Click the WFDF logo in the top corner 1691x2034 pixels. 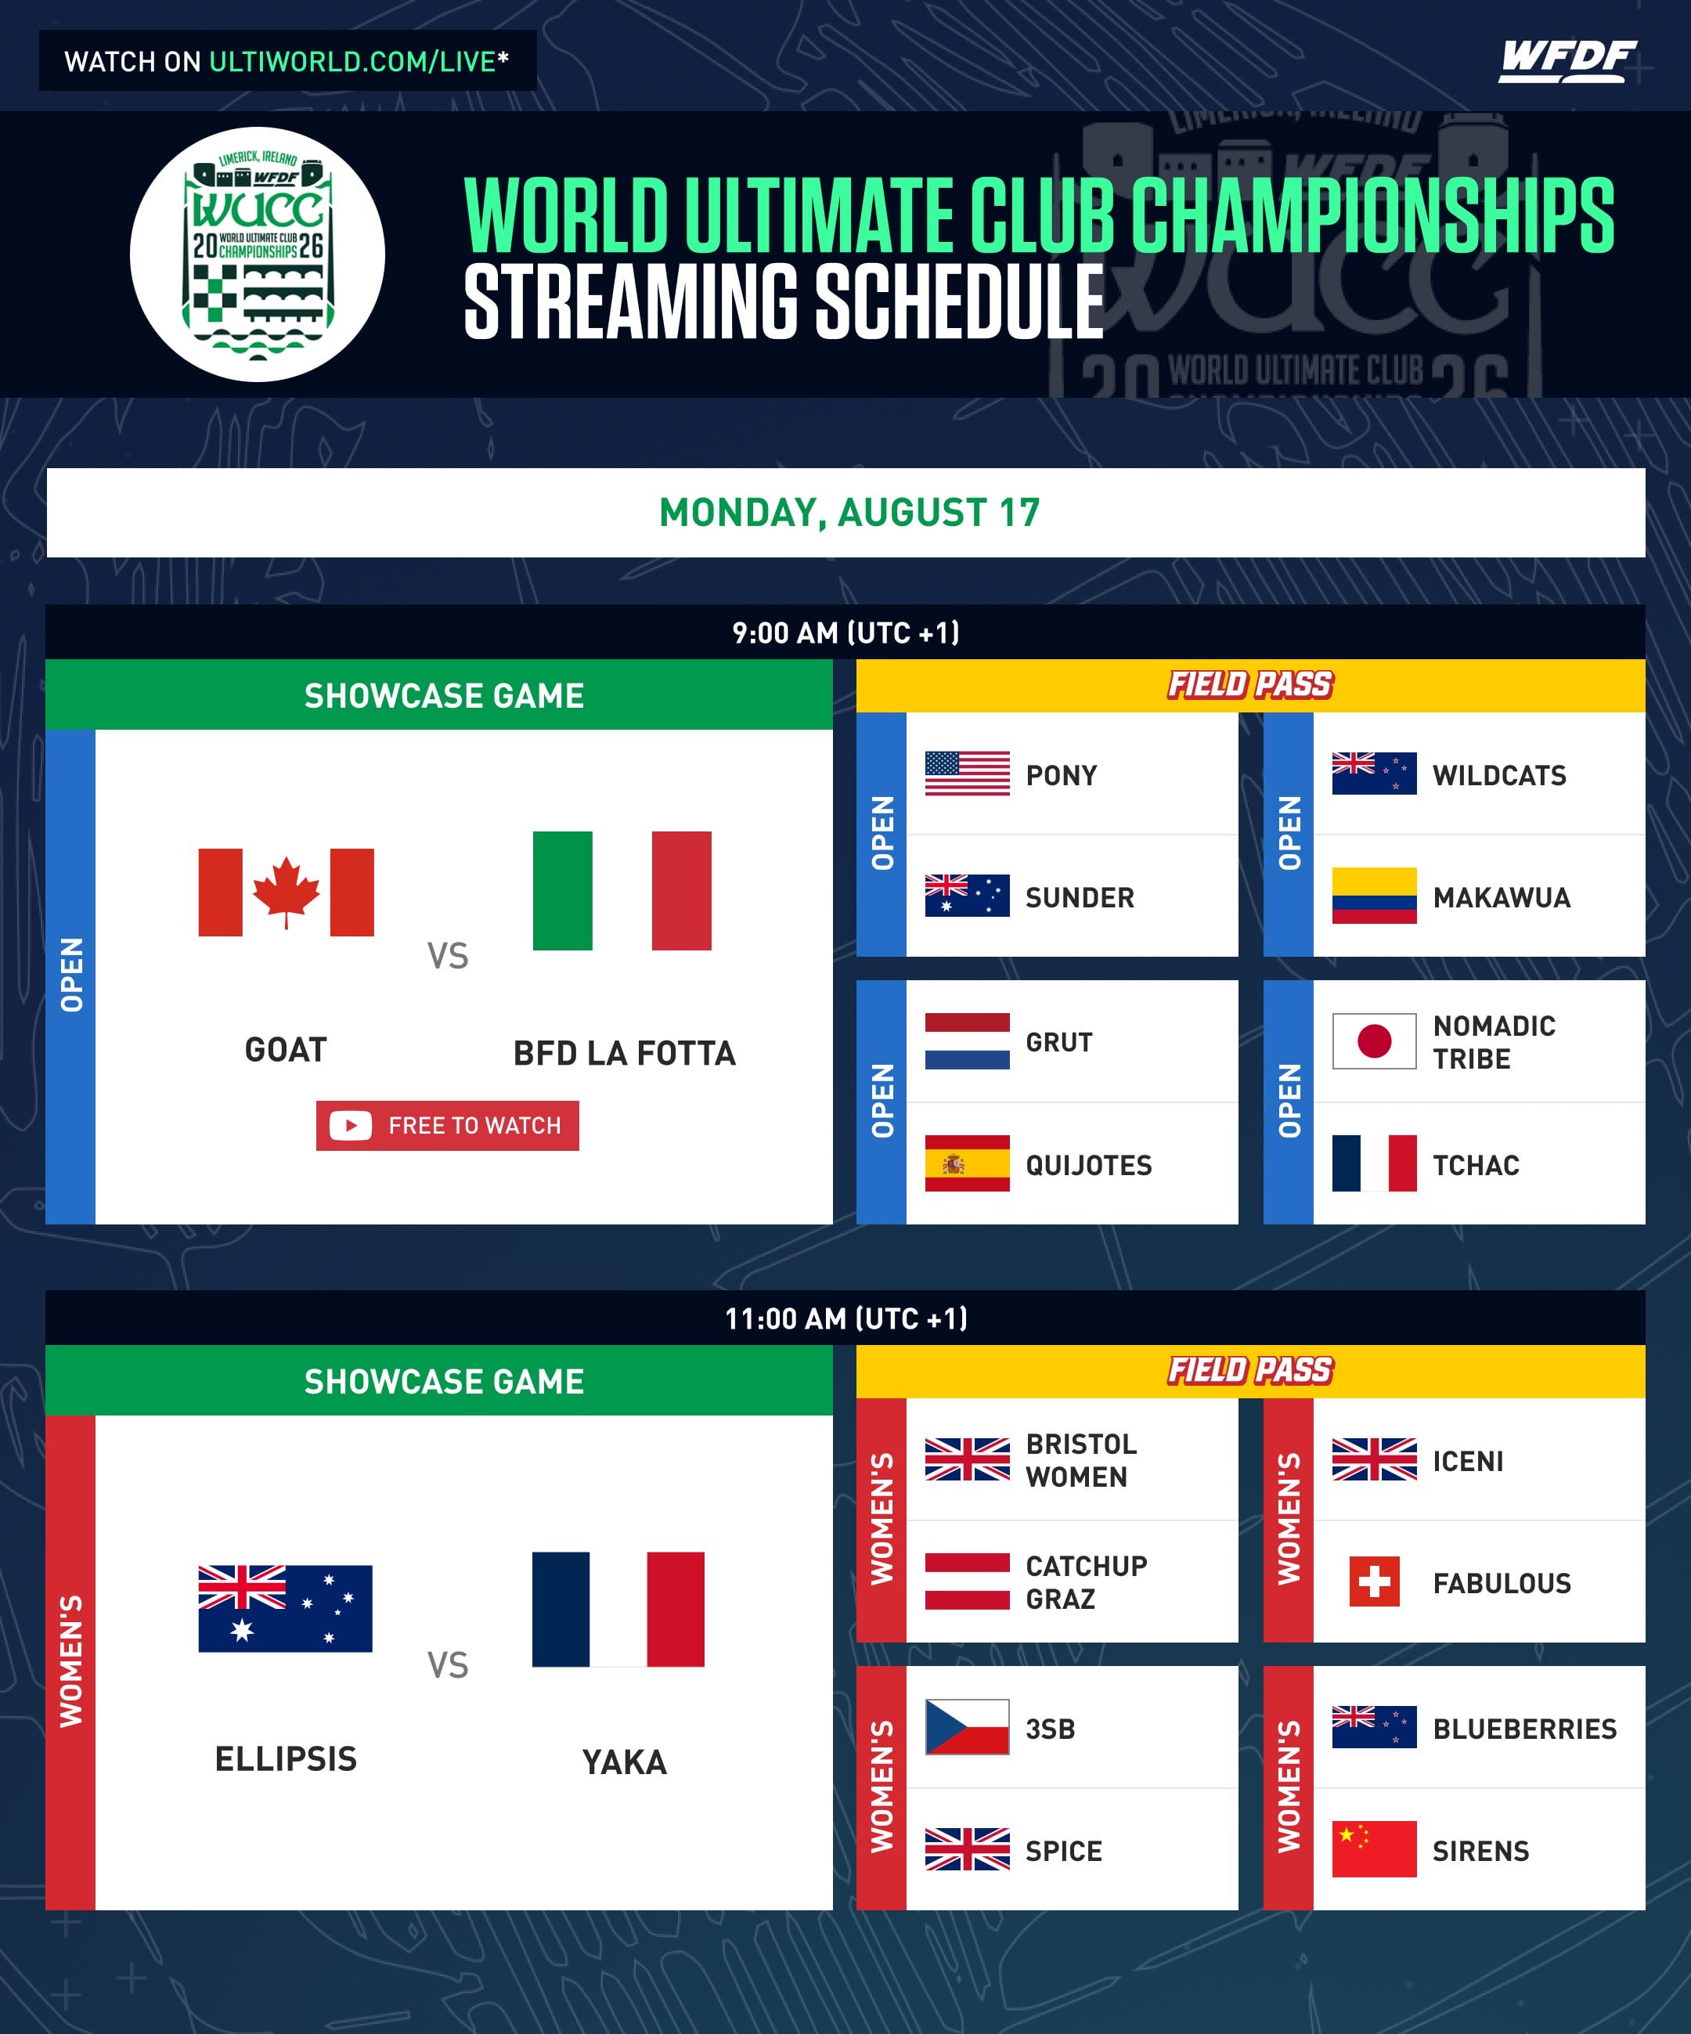1567,61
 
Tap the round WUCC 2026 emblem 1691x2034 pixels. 258,254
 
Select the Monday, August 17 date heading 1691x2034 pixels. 849,512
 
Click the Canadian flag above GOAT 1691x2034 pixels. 286,892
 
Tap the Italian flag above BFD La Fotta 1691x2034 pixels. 622,890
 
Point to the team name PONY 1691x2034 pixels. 1062,775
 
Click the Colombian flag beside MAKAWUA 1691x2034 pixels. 1373,895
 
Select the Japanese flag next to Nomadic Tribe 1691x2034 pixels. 1373,1041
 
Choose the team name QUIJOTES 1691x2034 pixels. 1089,1164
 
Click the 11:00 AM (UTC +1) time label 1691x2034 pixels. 845,1318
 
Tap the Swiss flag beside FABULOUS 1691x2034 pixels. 1373,1581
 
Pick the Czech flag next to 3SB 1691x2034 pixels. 967,1727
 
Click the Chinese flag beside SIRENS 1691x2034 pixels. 1373,1849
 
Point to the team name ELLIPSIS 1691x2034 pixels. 286,1758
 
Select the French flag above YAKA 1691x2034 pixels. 618,1610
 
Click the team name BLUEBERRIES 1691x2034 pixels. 1524,1728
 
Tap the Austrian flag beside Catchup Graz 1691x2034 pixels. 967,1581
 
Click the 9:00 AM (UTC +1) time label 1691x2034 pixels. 845,633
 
